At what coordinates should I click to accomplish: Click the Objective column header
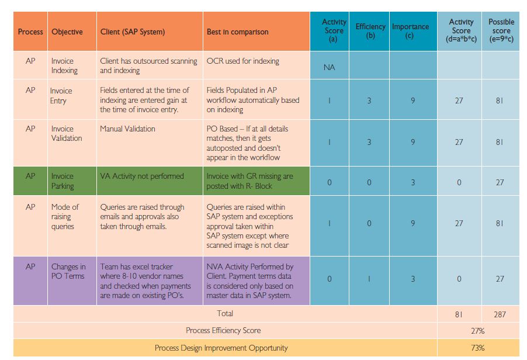pos(67,32)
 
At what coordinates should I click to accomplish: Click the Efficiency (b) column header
pos(370,31)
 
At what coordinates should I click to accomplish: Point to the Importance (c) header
pos(410,31)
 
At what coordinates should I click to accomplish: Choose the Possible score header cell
pos(501,31)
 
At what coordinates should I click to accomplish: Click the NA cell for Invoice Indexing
pos(329,68)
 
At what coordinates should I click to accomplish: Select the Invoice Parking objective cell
pos(63,181)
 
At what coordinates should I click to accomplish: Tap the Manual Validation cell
pos(127,129)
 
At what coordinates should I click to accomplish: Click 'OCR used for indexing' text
pos(242,61)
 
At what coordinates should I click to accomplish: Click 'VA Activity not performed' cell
pos(142,176)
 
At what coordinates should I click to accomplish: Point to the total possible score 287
pos(500,314)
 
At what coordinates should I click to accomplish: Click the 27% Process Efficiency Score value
pos(477,330)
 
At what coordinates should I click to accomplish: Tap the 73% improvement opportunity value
pos(477,348)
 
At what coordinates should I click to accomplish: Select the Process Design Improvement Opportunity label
pos(221,348)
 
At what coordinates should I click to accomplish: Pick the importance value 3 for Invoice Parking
pos(412,182)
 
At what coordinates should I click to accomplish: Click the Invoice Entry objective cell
pos(61,96)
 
